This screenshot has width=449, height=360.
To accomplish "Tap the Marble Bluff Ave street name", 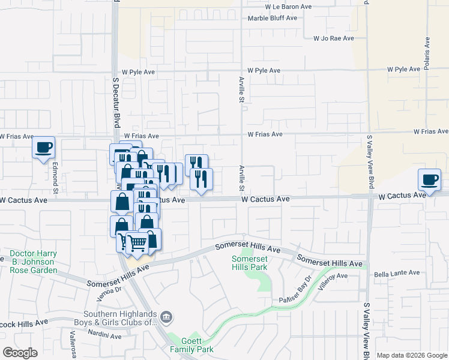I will click(273, 18).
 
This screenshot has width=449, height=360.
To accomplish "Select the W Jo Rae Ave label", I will click(333, 38).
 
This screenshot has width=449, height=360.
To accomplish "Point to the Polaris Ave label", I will click(427, 55).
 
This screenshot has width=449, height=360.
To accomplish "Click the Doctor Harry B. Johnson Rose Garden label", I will click(34, 262).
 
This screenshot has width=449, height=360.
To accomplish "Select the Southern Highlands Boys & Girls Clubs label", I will click(120, 318).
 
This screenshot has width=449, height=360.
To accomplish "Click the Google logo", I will click(20, 353).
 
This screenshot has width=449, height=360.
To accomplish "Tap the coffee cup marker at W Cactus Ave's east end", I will click(430, 180).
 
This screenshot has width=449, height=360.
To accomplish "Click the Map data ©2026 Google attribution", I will click(412, 355).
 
